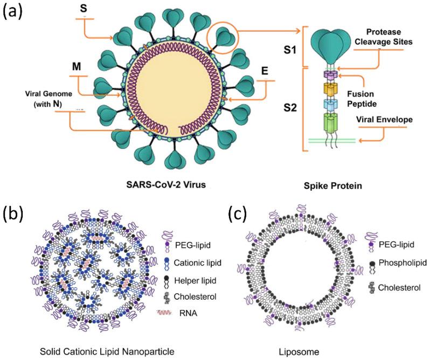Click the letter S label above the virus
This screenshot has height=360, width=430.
tap(84, 9)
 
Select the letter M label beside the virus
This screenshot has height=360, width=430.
tap(76, 67)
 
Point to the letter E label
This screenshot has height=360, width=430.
tap(264, 71)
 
